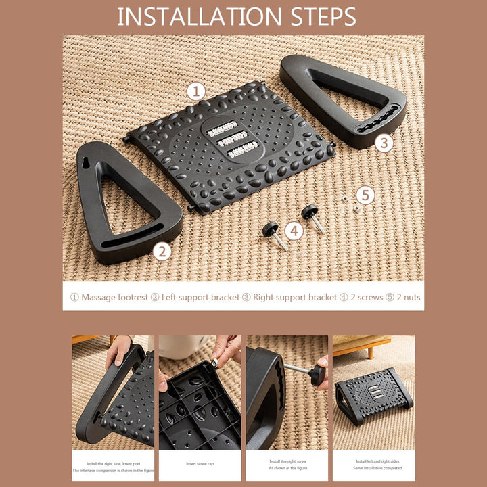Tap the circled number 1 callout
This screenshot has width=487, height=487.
pos(196,91)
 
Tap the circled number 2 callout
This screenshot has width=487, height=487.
pos(161,252)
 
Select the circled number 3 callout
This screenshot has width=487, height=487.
pos(384,143)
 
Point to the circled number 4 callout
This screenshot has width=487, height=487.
pos(294,231)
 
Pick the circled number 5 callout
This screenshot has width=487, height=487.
pos(365,195)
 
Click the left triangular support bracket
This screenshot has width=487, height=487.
pos(125,203)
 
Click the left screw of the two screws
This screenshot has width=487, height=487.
pos(275,234)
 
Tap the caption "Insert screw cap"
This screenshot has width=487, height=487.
pos(200,464)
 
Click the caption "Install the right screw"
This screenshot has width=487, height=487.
pos(287,460)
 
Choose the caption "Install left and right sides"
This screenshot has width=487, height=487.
pos(374,461)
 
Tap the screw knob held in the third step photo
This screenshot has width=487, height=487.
pos(317,374)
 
